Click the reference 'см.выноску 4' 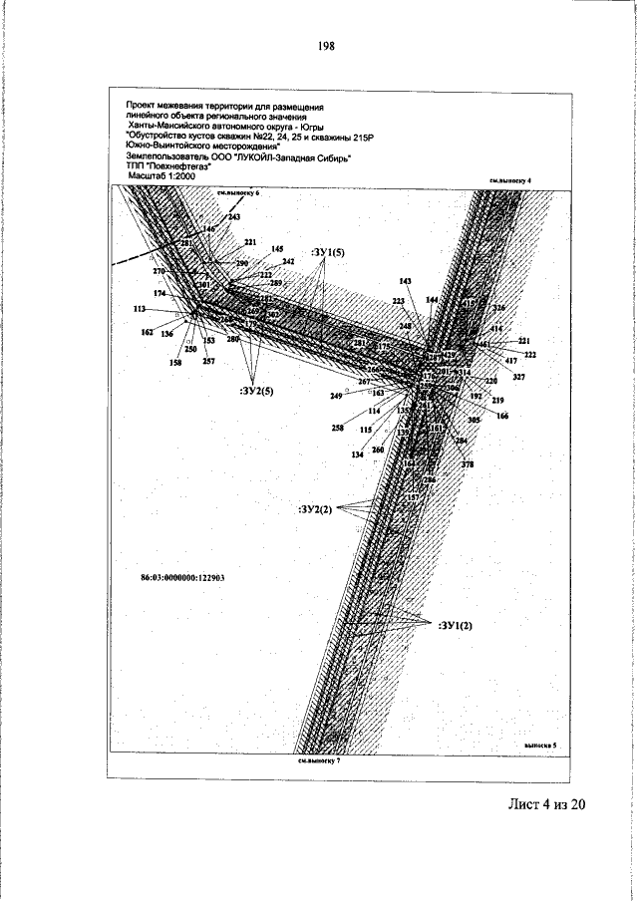click(x=511, y=180)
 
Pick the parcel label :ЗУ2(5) click(x=256, y=390)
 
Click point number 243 click(x=233, y=216)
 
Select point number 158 click(x=175, y=364)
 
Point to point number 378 click(x=467, y=464)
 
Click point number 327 click(x=518, y=377)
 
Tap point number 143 click(x=405, y=281)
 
